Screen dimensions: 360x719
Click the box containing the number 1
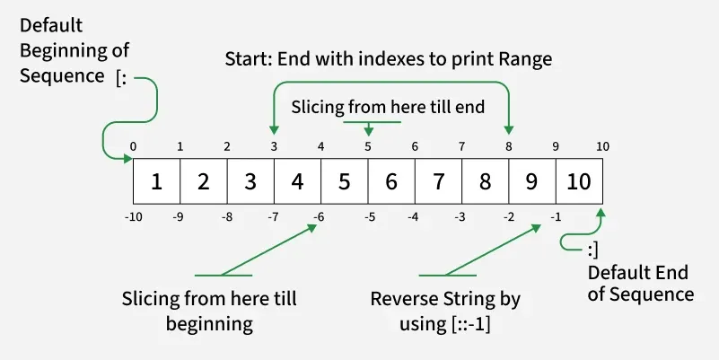[156, 181]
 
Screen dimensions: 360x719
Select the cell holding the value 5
[344, 181]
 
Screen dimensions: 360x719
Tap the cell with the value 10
[579, 181]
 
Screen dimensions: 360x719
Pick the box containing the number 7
[438, 181]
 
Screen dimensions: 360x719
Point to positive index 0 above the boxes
[133, 146]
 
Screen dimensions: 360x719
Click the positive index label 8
[509, 146]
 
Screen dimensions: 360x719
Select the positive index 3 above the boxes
[274, 146]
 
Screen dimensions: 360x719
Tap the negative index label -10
[132, 216]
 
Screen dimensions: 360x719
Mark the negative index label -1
[556, 216]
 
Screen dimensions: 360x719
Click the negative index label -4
[413, 216]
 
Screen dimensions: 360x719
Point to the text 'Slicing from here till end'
[388, 107]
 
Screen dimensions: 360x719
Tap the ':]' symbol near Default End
[594, 249]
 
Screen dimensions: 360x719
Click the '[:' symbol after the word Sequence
[125, 77]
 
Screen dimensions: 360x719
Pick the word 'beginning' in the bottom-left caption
[209, 322]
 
